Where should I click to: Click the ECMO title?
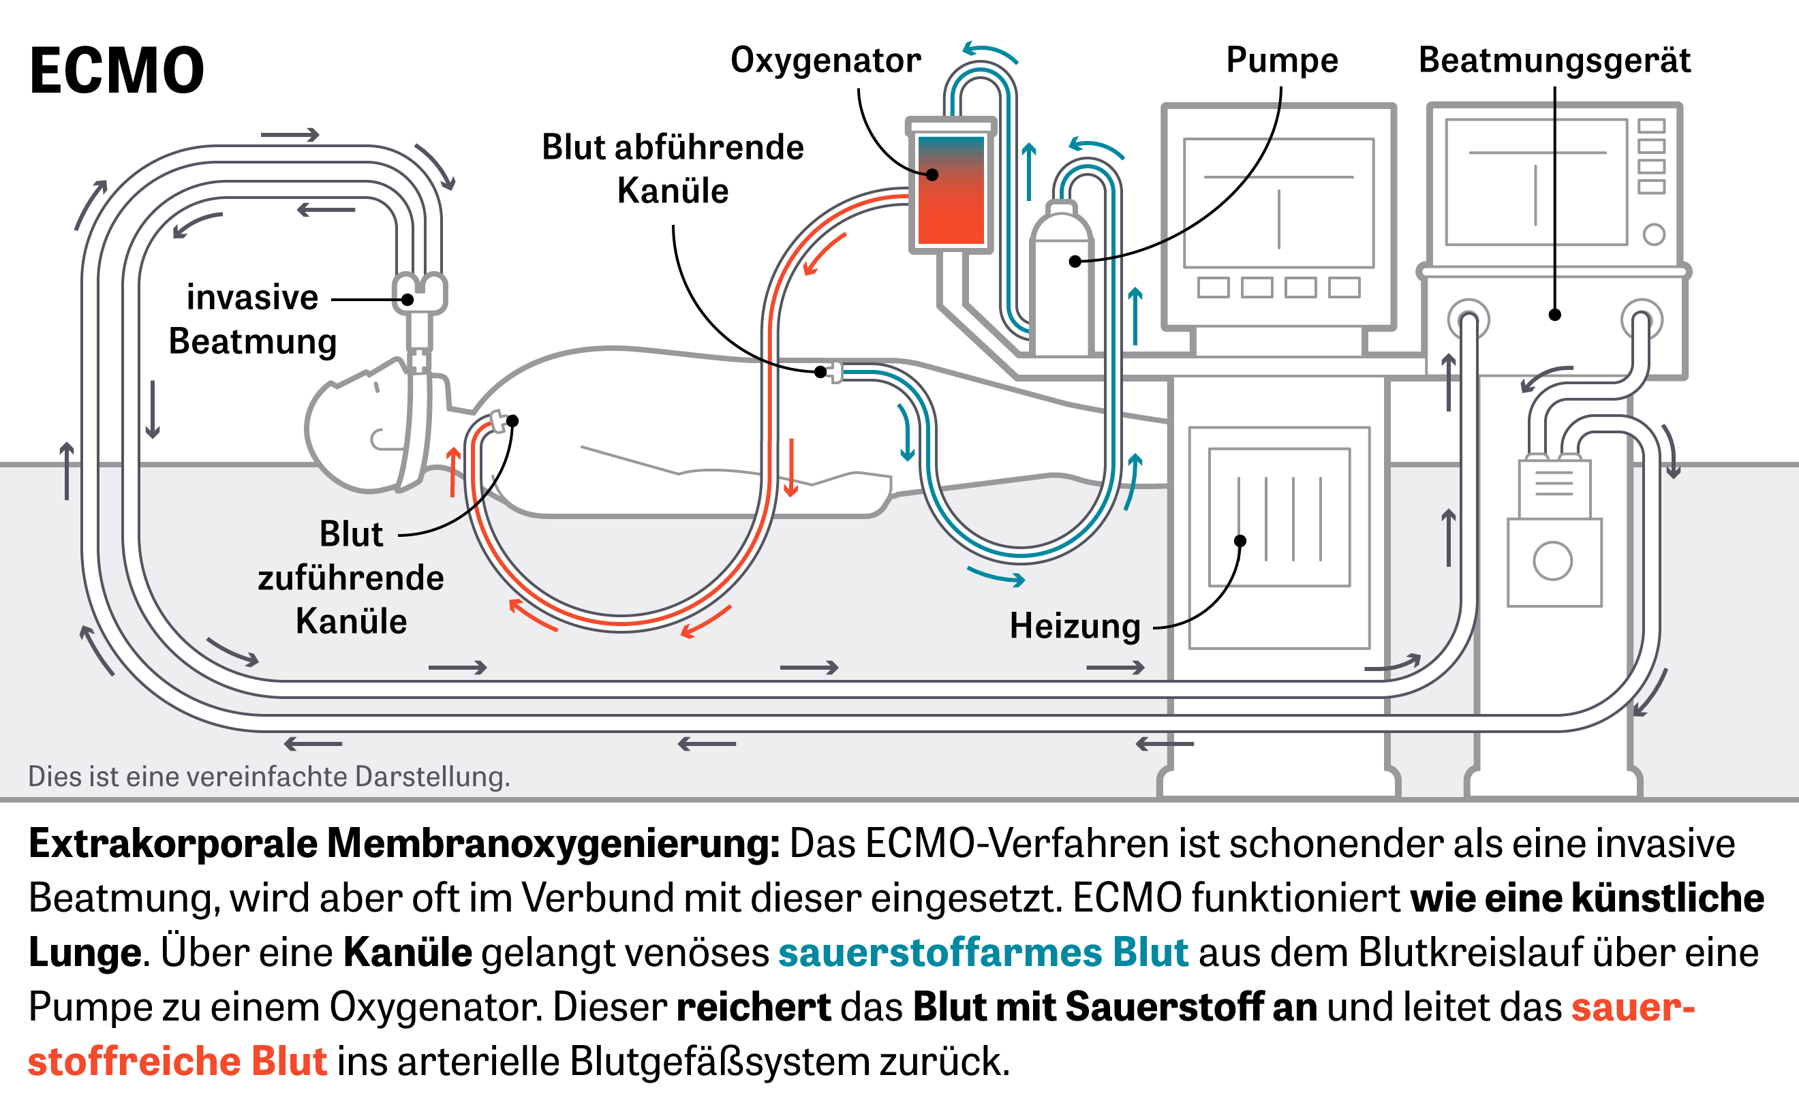coord(117,70)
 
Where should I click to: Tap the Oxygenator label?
coord(825,60)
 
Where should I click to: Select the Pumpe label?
coord(1282,60)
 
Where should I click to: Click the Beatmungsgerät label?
coord(1554,60)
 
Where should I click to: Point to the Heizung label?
coord(1075,626)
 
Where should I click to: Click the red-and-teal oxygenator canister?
coord(951,189)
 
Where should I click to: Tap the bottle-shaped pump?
coord(1060,281)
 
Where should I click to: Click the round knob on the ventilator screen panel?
coord(1654,235)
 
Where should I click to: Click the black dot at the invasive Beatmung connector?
coord(408,299)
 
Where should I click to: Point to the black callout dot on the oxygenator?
coord(932,175)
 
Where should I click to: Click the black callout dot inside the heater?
coord(1240,541)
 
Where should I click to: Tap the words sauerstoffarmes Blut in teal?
coord(983,952)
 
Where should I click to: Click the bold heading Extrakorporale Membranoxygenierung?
coord(404,843)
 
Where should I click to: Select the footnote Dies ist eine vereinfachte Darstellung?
coord(269,776)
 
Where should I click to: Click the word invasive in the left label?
coord(252,298)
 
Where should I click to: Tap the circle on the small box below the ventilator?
coord(1552,561)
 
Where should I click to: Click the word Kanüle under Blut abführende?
coord(672,191)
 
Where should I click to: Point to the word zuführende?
coord(350,578)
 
